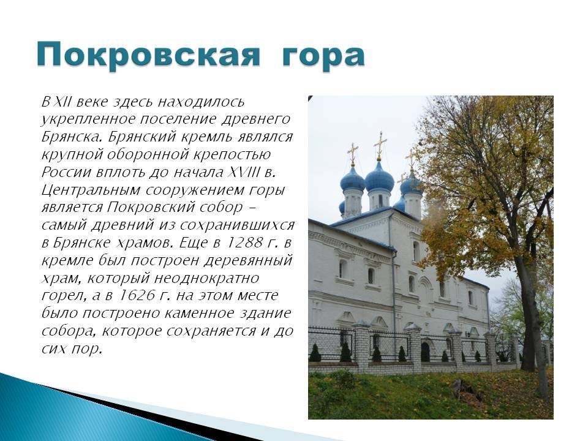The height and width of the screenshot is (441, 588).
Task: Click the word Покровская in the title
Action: point(148,55)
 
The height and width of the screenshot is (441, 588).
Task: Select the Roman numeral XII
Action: point(62,101)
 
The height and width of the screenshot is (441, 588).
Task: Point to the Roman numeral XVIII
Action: point(244,172)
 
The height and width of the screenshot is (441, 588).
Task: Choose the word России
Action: point(66,172)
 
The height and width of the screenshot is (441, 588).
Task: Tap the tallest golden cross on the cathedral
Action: point(380,146)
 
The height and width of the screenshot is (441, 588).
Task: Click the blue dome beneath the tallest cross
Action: point(380,178)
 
